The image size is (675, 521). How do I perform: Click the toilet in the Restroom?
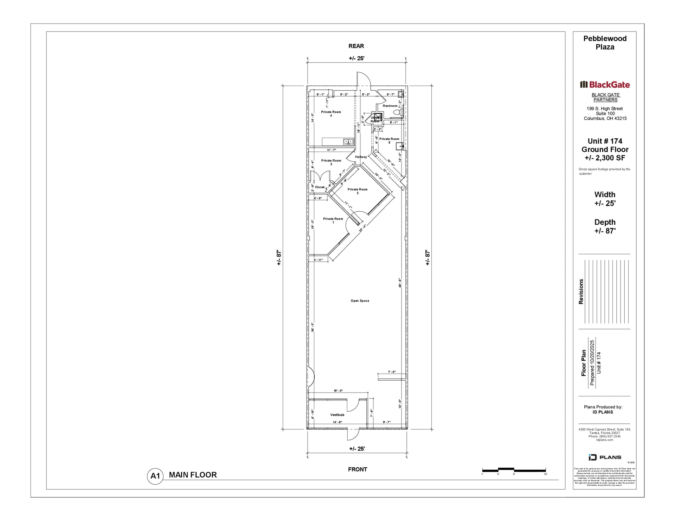397,113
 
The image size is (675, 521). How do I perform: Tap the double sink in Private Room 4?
348,141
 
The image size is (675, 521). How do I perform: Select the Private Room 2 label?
358,191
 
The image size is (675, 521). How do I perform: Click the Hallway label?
361,157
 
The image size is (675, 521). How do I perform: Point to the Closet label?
320,187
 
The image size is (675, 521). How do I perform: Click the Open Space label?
360,301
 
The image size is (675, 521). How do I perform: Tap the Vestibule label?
337,415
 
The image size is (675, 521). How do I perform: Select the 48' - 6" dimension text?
400,283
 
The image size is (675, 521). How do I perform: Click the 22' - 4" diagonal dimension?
362,228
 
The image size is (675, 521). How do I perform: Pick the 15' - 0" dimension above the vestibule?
338,390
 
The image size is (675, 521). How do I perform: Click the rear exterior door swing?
364,79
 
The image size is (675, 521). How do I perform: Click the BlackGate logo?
605,85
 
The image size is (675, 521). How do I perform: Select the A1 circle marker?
155,476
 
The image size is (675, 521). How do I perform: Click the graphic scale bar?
514,470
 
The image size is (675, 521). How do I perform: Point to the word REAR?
356,46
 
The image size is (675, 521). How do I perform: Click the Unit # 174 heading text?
605,141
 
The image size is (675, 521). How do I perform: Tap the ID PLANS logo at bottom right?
605,457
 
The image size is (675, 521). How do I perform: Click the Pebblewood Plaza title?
605,43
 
